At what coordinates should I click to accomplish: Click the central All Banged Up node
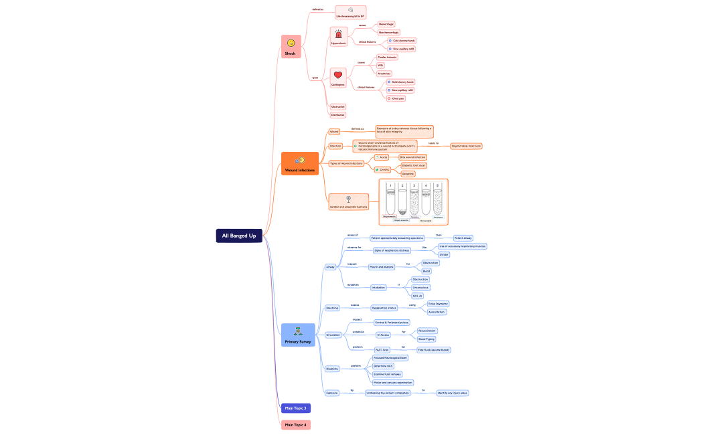click(x=239, y=236)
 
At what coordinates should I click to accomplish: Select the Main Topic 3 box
click(x=295, y=408)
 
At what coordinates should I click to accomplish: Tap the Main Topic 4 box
click(x=295, y=425)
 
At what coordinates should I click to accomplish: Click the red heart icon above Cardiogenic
click(x=338, y=75)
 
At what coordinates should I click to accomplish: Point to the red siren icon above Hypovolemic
click(x=338, y=34)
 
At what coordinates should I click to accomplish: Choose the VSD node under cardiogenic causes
click(x=380, y=66)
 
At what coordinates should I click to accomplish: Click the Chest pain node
click(x=397, y=98)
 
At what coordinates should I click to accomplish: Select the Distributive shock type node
click(x=337, y=115)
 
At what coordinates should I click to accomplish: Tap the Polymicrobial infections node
click(x=466, y=146)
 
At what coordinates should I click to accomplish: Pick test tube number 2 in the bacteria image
click(x=402, y=198)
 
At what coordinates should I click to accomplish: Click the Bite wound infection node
click(x=408, y=157)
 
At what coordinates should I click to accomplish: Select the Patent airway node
click(x=463, y=238)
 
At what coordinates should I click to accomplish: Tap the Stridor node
click(x=444, y=255)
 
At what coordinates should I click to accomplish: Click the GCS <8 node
click(x=418, y=296)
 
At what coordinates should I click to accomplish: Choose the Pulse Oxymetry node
click(x=438, y=304)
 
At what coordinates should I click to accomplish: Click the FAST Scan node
click(x=382, y=349)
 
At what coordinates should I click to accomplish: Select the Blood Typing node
click(x=426, y=339)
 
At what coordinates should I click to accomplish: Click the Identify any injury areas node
click(x=453, y=393)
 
